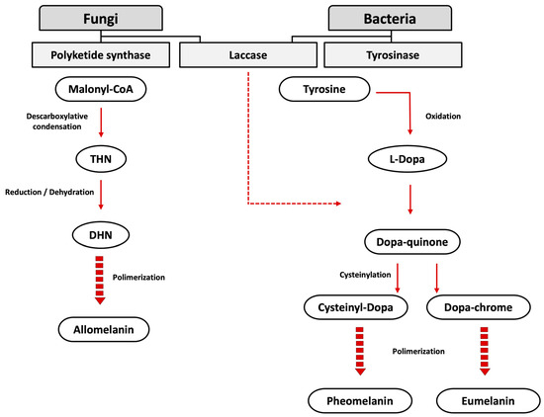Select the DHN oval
[101, 234]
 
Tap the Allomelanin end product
[101, 325]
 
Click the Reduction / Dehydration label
[46, 192]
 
